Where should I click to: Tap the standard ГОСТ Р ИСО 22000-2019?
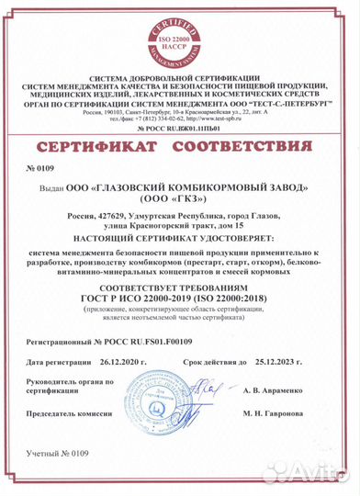coord(139,299)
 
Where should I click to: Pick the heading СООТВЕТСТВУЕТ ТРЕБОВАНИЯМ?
coord(179,287)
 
